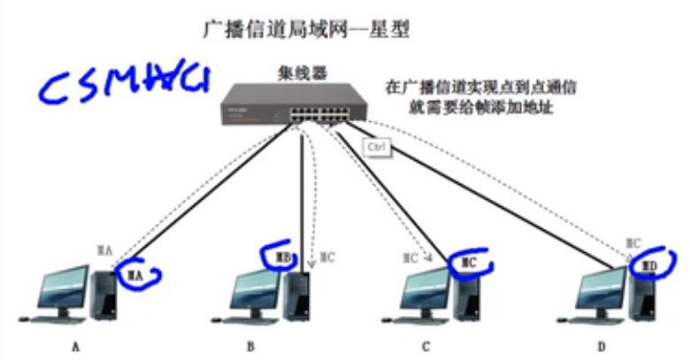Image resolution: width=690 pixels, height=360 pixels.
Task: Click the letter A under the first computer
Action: pyautogui.click(x=75, y=347)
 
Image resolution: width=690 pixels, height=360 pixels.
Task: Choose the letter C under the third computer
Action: pyautogui.click(x=426, y=347)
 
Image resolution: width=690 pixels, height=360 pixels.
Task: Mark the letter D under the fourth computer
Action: pyautogui.click(x=602, y=347)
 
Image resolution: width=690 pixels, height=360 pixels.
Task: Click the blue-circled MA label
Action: pyautogui.click(x=134, y=276)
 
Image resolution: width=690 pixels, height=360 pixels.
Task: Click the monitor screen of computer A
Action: pyautogui.click(x=66, y=288)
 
